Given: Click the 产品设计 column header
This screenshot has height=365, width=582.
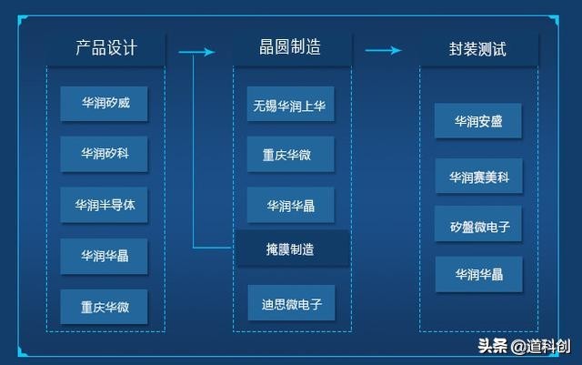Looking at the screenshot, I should [x=106, y=48].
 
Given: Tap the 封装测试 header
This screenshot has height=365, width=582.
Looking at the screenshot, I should [x=477, y=48].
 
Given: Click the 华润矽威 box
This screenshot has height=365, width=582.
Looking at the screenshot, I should [x=105, y=103].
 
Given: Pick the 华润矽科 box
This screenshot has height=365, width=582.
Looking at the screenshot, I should [x=105, y=154].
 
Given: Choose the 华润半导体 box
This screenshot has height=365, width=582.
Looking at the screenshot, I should [x=105, y=205].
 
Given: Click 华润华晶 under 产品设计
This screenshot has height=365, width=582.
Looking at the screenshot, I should [x=105, y=256].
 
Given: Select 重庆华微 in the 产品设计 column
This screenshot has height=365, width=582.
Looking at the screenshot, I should [x=105, y=307].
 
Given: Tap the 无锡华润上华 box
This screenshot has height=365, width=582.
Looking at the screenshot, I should [x=290, y=105].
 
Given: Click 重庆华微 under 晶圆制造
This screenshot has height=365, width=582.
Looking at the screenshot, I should [x=290, y=155].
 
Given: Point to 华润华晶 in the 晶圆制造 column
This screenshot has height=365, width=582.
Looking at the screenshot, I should [x=290, y=205].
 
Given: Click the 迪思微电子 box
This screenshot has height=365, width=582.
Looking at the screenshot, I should [x=291, y=302].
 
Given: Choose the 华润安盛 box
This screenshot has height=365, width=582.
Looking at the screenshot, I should [x=478, y=121].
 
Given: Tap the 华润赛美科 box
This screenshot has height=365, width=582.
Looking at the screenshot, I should [x=478, y=175].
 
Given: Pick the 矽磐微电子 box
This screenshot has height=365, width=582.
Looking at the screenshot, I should [x=478, y=224].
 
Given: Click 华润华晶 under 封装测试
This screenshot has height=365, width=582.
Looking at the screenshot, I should [x=478, y=274].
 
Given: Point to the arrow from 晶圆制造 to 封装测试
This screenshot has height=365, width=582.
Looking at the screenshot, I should [x=383, y=51].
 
